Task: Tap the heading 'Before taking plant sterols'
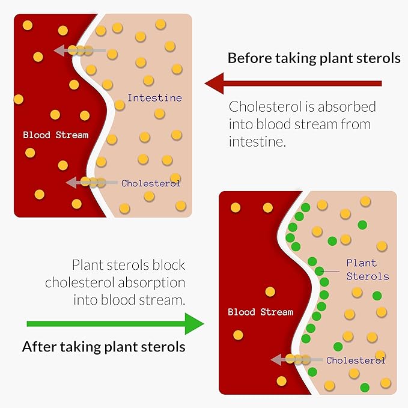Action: [x=314, y=58]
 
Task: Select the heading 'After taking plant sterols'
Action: [x=103, y=347]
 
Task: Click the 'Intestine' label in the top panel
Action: [x=154, y=97]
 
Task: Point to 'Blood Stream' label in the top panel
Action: [x=55, y=135]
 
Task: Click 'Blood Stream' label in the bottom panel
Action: [x=260, y=312]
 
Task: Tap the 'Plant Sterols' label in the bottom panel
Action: [x=367, y=270]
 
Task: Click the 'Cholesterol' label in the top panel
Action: [x=151, y=183]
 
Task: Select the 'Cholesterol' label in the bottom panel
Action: [x=356, y=361]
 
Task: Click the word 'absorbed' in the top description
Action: [x=348, y=108]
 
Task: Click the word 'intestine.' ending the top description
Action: [x=255, y=142]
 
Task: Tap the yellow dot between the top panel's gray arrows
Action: [x=74, y=85]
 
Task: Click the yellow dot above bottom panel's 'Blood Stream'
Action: [x=270, y=291]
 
